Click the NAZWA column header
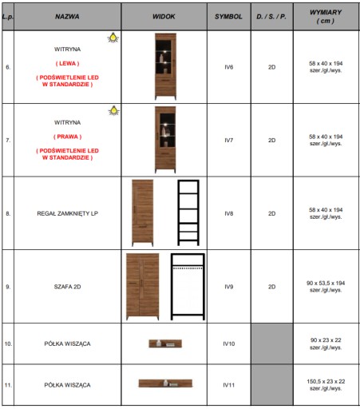(67, 17)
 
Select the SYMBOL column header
(228, 17)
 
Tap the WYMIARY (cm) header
(326, 17)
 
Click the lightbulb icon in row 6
(113, 38)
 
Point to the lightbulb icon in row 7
(114, 110)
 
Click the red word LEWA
(67, 63)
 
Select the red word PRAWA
(68, 137)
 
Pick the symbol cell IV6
(229, 67)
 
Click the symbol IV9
(229, 287)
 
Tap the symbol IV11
(229, 385)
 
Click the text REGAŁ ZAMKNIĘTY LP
(67, 213)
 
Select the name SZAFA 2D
(67, 287)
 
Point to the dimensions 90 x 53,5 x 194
(326, 283)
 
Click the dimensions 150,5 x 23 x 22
(326, 381)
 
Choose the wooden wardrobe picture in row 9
(143, 287)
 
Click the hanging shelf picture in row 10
(165, 343)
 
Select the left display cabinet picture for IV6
(165, 66)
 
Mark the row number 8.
(8, 213)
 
